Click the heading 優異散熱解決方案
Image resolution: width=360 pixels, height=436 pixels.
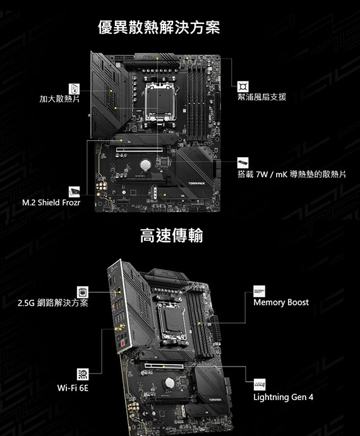coord(159,27)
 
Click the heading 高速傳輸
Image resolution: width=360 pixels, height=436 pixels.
coord(172,235)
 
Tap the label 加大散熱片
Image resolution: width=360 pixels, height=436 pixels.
coord(59,98)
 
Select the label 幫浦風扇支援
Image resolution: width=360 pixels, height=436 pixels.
coord(261,97)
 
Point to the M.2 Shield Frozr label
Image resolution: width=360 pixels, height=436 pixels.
coord(51,202)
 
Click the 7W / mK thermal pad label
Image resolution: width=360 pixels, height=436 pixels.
coord(292,174)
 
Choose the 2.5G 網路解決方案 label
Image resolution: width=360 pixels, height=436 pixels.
coord(53,302)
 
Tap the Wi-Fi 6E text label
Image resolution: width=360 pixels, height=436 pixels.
coord(73,387)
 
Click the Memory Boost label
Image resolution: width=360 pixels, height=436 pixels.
coord(281,302)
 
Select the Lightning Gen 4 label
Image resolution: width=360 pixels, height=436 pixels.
coord(283,397)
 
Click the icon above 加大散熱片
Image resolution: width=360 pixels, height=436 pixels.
coord(74,89)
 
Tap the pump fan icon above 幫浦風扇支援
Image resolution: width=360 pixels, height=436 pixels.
coord(243,86)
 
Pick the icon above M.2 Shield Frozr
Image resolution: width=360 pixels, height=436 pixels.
coord(74,192)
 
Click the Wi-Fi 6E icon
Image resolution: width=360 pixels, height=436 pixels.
coord(83,374)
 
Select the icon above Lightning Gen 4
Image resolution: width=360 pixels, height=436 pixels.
coord(259,384)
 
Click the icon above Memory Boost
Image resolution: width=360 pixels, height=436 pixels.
coord(259,291)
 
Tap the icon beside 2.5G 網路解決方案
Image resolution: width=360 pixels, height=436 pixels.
coord(83,292)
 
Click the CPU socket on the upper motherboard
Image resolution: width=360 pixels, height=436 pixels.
coord(160,102)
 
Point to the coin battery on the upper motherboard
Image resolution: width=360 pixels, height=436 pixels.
coord(145,165)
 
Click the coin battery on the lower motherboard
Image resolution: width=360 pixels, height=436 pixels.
coord(169,383)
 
